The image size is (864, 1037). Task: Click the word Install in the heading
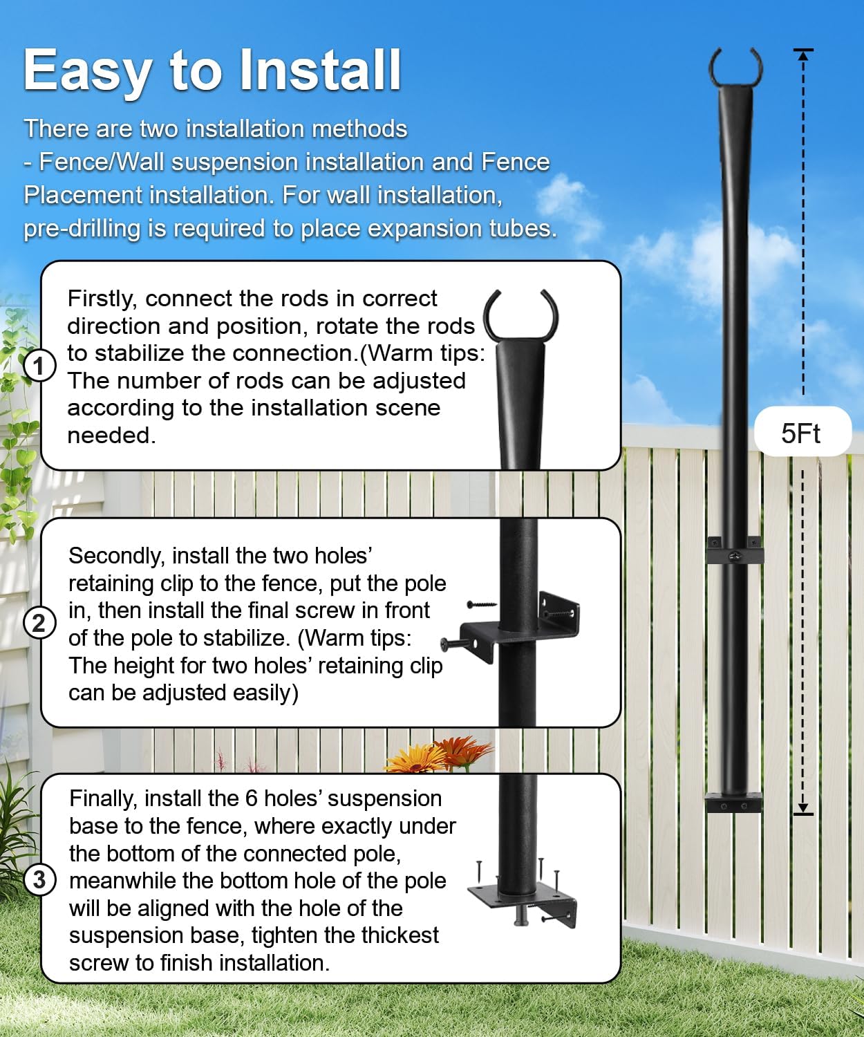pos(320,71)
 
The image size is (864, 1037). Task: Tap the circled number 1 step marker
pos(39,366)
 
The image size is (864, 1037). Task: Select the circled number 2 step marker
pos(39,623)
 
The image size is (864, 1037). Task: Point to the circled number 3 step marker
pos(39,880)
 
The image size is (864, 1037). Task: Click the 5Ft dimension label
pos(800,433)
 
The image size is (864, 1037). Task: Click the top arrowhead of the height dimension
pos(803,55)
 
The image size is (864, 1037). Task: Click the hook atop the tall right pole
pos(735,66)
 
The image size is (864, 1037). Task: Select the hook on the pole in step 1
pos(520,315)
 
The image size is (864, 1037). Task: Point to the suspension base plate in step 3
pos(522,902)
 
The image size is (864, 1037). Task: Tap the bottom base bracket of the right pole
pos(734,803)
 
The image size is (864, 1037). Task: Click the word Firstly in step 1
pos(102,299)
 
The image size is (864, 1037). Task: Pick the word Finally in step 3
pos(104,798)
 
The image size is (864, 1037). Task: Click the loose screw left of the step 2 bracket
pos(482,605)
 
